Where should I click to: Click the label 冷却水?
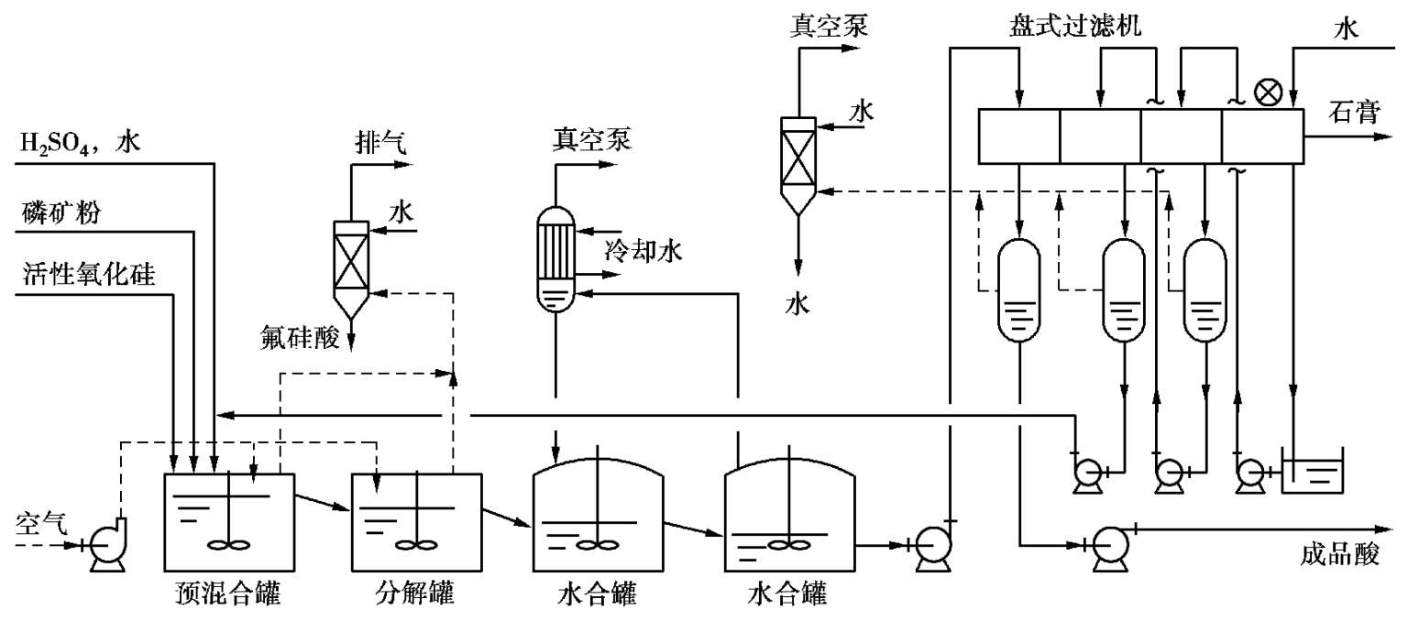coord(643,251)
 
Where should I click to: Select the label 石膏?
coord(1354,113)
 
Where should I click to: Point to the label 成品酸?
coord(1339,555)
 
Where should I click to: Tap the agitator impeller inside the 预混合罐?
coord(228,544)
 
